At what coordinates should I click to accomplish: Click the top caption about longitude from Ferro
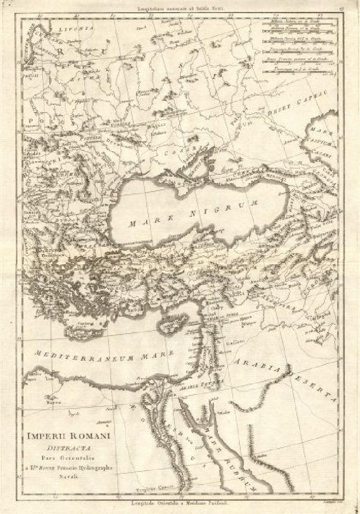180,8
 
